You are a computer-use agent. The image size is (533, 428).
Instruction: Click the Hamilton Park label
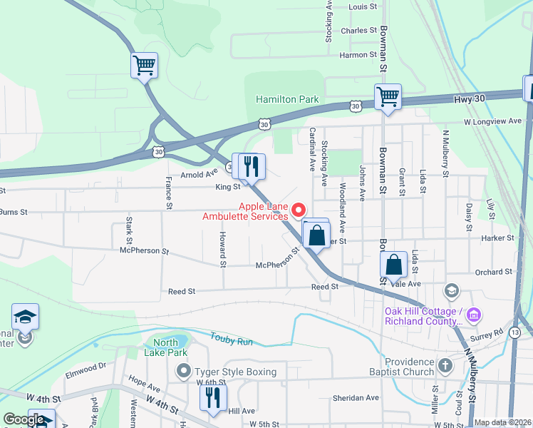pos(287,100)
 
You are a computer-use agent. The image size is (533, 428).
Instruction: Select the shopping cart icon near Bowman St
pos(388,96)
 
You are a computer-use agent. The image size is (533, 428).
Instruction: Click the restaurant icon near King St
pos(250,167)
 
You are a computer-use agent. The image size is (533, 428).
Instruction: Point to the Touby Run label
pos(232,342)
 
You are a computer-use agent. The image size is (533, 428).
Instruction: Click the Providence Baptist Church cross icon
pos(445,367)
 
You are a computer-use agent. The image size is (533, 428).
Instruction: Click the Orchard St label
pos(493,272)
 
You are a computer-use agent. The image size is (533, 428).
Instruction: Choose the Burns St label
pos(13,212)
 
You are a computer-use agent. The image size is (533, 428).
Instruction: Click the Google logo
pos(23,420)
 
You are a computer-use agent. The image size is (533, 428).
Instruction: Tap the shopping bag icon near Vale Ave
pos(393,265)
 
